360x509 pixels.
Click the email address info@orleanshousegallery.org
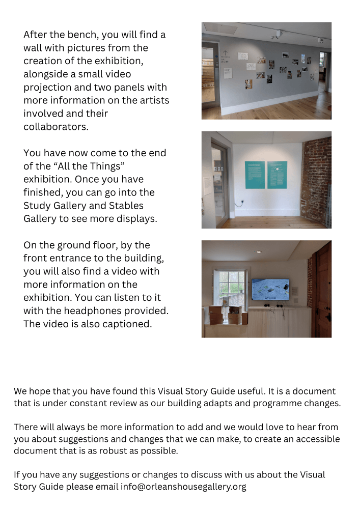click(183, 487)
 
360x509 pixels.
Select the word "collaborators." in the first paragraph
click(56, 127)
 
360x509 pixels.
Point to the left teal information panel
click(255, 175)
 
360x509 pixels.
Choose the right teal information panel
click(277, 175)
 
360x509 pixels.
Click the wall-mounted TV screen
click(270, 289)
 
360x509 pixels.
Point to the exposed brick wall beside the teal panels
click(316, 181)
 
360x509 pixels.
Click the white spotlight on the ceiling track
click(279, 34)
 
